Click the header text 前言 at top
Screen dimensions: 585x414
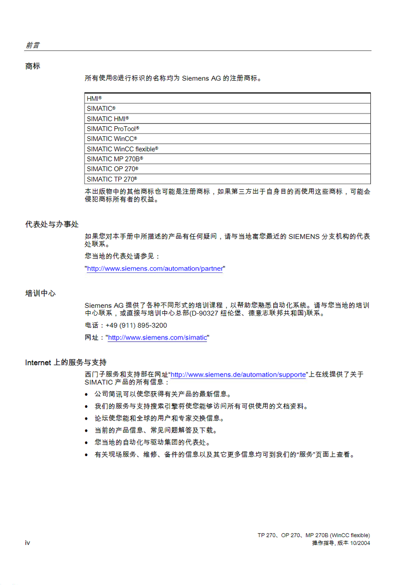[33, 45]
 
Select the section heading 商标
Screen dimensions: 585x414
[33, 66]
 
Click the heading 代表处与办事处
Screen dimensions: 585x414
[52, 225]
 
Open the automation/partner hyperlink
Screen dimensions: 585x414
[155, 269]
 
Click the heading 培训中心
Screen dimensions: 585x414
[41, 293]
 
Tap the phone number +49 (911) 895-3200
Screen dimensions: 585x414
[136, 326]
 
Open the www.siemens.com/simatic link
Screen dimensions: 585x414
[157, 338]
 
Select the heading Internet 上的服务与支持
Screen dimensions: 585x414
[66, 363]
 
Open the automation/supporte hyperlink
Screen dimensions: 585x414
[238, 375]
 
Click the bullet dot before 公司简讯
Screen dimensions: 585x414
[86, 394]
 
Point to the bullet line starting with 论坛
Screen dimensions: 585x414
[159, 418]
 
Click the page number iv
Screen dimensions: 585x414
[27, 543]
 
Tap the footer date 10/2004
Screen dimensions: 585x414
[360, 543]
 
